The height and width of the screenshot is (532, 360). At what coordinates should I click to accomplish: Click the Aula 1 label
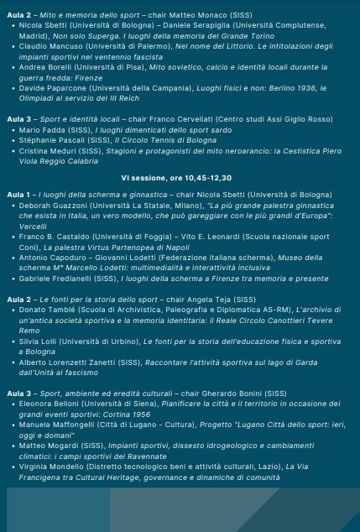pyautogui.click(x=18, y=194)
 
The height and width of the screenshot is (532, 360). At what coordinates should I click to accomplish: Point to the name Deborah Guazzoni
pyautogui.click(x=52, y=205)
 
